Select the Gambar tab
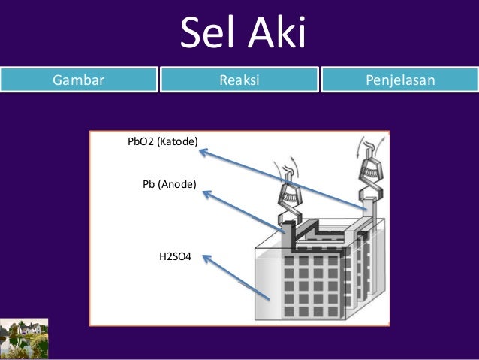78,79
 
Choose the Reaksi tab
239,79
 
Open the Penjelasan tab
400,79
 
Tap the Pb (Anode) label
169,183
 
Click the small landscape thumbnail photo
24,337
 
